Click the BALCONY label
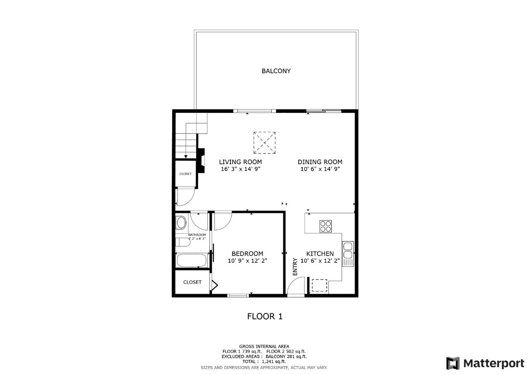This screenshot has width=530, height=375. [x=276, y=71]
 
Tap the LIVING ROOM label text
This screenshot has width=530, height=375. [x=240, y=162]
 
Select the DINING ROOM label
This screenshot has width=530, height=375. [x=320, y=162]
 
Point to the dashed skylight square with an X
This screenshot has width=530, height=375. [x=265, y=143]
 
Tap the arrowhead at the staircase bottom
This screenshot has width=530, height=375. [x=185, y=156]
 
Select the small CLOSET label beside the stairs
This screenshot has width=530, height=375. [x=185, y=174]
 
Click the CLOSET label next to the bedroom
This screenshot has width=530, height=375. [x=192, y=282]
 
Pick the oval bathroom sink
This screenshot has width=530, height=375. [x=181, y=224]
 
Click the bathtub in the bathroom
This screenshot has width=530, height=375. [x=192, y=260]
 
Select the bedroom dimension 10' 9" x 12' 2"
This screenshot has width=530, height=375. [x=247, y=261]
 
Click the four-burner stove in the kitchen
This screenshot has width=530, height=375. [x=326, y=226]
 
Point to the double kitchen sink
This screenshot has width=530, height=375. [x=347, y=250]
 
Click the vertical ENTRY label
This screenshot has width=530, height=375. [x=295, y=267]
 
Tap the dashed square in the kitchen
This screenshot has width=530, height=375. [x=319, y=285]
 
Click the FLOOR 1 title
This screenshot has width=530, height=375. [x=265, y=316]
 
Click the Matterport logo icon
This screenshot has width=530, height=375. [x=452, y=363]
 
